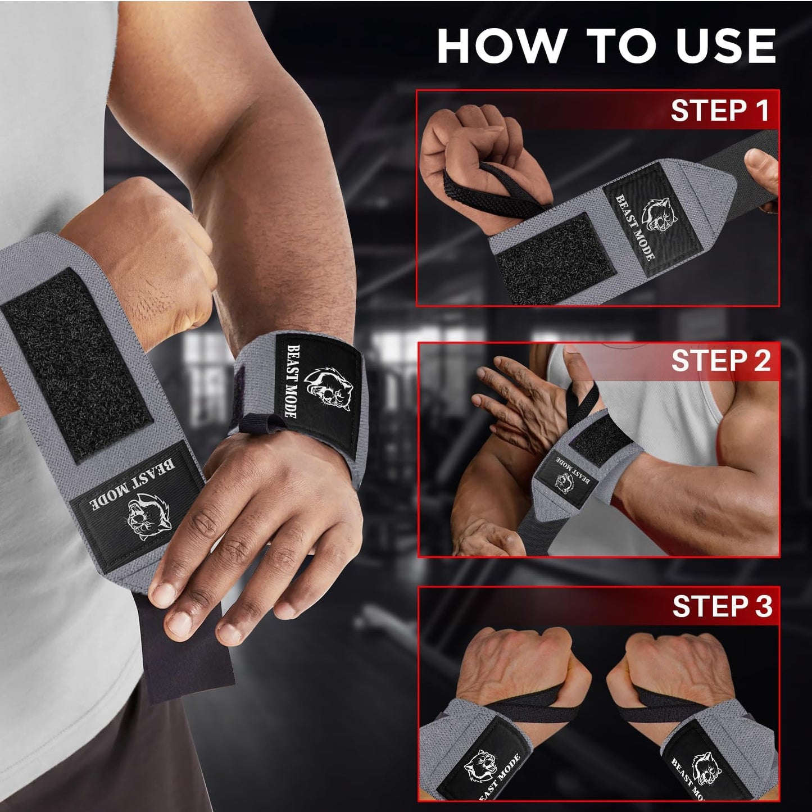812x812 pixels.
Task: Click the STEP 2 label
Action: [721, 361]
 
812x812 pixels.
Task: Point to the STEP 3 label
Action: [722, 607]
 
